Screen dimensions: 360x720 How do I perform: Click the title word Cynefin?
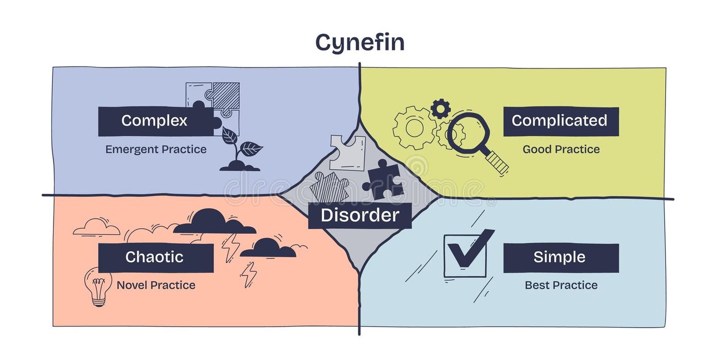359,42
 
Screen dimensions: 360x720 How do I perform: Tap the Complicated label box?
560,121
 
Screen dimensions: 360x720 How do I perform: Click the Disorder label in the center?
359,215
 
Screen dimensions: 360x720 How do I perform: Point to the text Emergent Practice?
156,150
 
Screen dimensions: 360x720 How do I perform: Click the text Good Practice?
561,150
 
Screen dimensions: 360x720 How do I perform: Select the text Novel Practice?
156,285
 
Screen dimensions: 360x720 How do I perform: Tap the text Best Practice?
561,285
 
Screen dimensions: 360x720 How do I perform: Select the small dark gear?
440,109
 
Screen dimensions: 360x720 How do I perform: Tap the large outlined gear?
415,128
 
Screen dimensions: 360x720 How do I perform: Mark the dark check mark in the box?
469,249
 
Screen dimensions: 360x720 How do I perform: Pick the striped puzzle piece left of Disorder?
329,187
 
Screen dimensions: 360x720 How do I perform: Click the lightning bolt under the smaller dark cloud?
249,274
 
